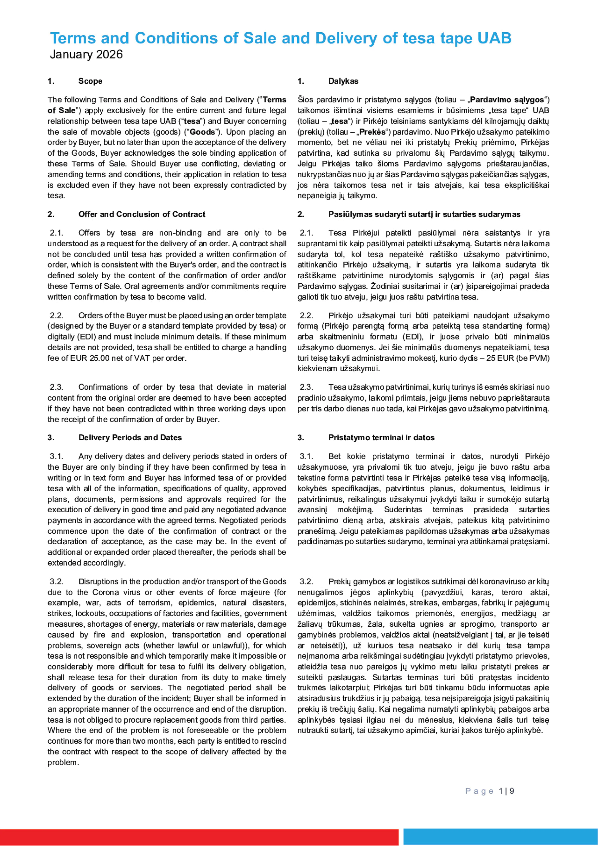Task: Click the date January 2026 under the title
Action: tap(86, 55)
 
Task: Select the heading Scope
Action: tap(90, 81)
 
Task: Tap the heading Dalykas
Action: tap(343, 81)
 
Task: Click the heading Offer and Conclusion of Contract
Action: tap(142, 214)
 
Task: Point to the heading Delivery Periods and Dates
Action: tap(130, 437)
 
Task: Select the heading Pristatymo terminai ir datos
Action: tap(381, 437)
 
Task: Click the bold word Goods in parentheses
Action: tap(202, 132)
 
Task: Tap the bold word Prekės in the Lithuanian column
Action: tap(373, 132)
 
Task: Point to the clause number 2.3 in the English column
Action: tap(57, 387)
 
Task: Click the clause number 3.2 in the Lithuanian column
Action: tap(306, 581)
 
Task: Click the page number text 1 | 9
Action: tap(507, 791)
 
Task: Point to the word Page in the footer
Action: tap(479, 791)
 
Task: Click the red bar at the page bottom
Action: tap(199, 837)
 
